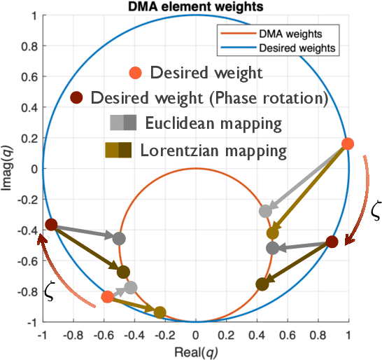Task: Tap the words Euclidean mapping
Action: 213,124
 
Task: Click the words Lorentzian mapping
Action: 214,150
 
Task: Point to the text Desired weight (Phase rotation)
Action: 209,97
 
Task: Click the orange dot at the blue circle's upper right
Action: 347,144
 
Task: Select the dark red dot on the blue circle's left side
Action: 51,225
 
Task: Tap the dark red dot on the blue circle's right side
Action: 332,242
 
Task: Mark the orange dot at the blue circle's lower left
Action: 107,297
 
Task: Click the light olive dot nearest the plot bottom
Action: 160,312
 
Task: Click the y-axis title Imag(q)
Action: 8,168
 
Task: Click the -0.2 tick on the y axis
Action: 27,200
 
